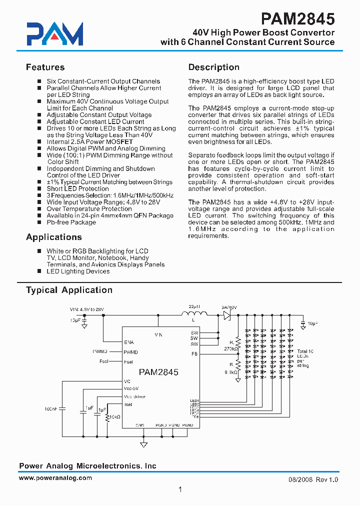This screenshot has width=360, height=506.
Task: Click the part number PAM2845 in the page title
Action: click(x=297, y=19)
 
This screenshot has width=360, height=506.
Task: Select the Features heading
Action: click(x=45, y=67)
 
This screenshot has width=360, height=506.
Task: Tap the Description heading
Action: click(x=213, y=67)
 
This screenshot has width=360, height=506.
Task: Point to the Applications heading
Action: click(x=53, y=237)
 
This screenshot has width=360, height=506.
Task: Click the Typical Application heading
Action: click(x=69, y=290)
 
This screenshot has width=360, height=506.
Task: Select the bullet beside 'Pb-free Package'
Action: click(x=40, y=222)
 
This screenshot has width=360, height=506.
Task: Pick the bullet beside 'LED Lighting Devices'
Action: click(x=40, y=271)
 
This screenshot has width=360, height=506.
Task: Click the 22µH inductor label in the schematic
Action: click(x=194, y=306)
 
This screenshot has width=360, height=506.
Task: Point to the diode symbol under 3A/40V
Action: click(x=226, y=315)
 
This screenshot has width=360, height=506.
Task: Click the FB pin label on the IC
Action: click(x=194, y=353)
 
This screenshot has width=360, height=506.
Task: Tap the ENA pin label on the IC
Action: click(x=129, y=342)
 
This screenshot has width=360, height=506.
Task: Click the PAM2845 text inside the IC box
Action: click(x=158, y=372)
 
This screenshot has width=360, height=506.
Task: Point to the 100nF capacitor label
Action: click(x=51, y=409)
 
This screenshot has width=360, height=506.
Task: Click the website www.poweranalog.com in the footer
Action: click(x=55, y=478)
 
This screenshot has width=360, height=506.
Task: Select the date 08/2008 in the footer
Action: click(x=300, y=479)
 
